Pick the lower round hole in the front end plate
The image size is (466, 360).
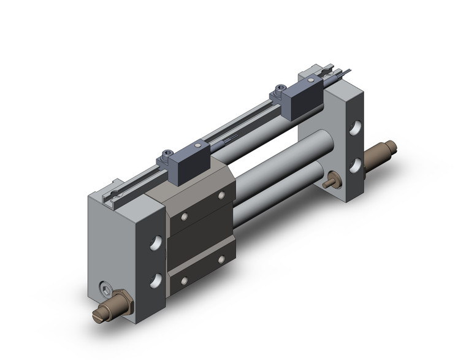[157, 280]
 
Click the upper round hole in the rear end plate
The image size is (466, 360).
[356, 129]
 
